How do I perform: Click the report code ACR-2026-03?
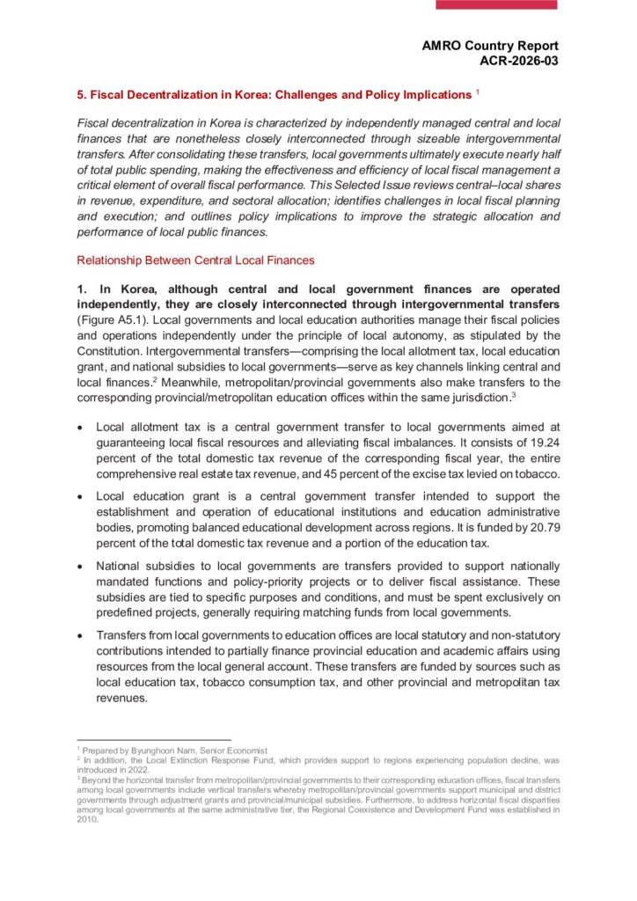point(518,60)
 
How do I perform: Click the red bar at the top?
point(497,4)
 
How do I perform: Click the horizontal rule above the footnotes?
point(154,740)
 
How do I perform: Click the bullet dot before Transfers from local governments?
point(82,635)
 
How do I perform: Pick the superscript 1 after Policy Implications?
point(478,92)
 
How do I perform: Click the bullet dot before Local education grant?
point(82,496)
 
